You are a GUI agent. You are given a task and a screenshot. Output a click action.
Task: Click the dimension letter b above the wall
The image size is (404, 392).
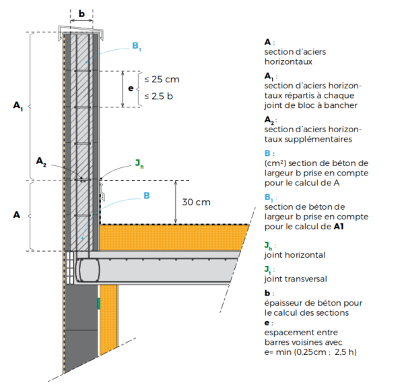[x=81, y=13]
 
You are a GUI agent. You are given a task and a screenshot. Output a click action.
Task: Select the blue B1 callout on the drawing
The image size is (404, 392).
[x=137, y=47]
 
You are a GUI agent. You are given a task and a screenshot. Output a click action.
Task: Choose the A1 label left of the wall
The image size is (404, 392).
[x=18, y=107]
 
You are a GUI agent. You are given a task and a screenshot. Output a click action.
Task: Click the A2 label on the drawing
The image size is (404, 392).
[x=41, y=161]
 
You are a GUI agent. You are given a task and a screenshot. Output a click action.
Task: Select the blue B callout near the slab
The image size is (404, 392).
[x=146, y=196]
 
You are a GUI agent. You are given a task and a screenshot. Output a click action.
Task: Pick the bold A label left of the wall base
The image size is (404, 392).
[x=17, y=215]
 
